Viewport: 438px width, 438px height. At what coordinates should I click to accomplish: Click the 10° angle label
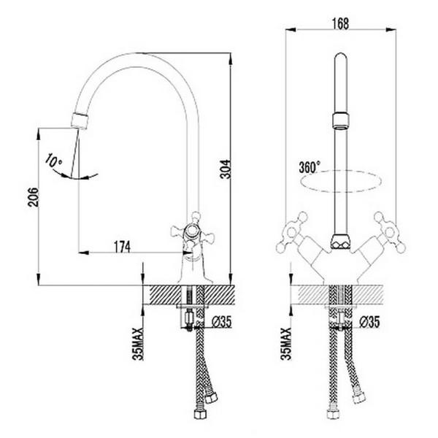[53, 158]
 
